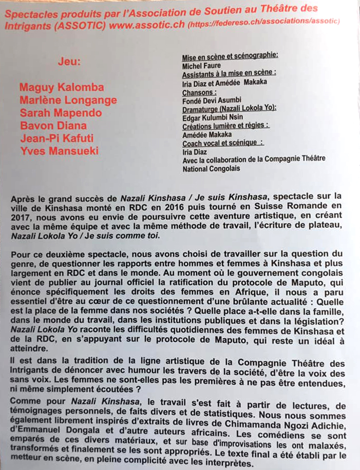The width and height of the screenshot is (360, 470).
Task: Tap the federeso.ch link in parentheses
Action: (263, 24)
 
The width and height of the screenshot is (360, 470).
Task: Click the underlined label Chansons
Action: (198, 92)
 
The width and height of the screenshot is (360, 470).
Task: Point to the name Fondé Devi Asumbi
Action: (212, 100)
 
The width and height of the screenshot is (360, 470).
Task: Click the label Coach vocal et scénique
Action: (223, 143)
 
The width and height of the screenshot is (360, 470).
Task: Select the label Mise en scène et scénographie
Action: (230, 58)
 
